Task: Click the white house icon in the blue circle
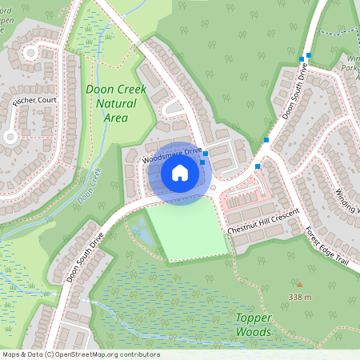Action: pos(180,172)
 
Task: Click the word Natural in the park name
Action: pos(115,104)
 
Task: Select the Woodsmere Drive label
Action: pos(171,154)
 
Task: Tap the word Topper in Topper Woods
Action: pos(254,318)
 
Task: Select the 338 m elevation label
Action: pos(300,298)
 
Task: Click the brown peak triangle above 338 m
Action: pos(300,285)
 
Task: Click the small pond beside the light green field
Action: pos(142,232)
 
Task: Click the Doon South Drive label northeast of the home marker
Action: pos(294,92)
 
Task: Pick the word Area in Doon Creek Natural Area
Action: pos(116,118)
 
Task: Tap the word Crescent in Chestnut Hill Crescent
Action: pos(282,216)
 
